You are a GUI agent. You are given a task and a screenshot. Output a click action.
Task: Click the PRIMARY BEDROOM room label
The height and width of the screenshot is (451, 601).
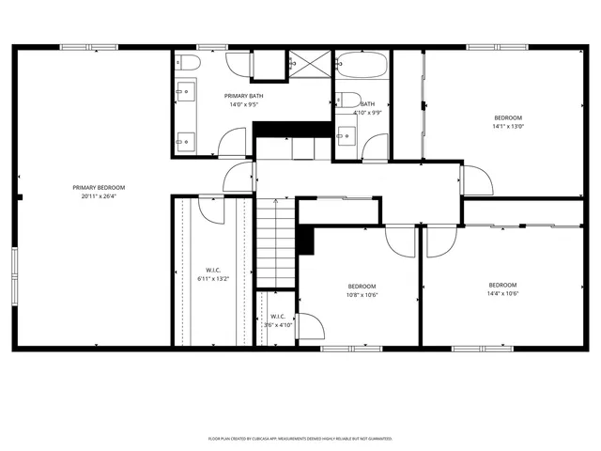click(x=99, y=188)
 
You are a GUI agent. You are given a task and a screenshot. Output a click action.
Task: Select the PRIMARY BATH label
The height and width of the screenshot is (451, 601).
click(x=242, y=96)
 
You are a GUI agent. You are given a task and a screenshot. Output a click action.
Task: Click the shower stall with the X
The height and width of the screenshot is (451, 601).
click(x=310, y=65)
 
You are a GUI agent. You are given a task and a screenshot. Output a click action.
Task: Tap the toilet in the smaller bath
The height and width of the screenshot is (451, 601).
click(x=347, y=101)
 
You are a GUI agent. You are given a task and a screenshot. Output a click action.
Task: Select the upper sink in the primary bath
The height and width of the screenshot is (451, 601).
click(x=184, y=92)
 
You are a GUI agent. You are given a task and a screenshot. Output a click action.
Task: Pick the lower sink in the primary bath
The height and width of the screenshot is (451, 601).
click(x=184, y=139)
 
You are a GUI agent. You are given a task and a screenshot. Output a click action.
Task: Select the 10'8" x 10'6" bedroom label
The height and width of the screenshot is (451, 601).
click(x=362, y=294)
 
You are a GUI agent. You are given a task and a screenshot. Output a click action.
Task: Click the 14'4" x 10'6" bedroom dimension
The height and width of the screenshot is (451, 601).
click(x=502, y=293)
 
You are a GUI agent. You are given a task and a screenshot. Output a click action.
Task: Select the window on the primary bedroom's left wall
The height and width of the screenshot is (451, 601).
click(x=13, y=276)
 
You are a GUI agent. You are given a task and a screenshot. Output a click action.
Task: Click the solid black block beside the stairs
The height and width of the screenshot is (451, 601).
click(x=304, y=239)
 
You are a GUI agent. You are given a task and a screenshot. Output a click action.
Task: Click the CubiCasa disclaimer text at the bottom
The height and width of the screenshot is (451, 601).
click(x=300, y=438)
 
